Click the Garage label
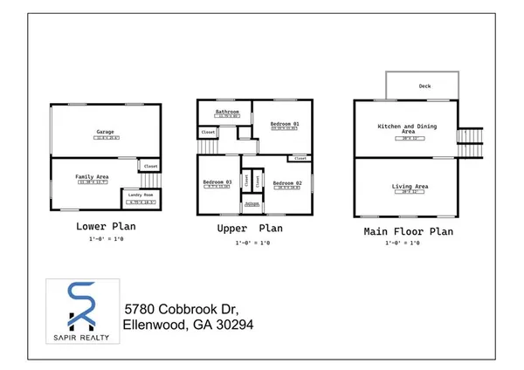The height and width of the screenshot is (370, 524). (106, 133)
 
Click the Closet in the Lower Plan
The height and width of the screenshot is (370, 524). (150, 166)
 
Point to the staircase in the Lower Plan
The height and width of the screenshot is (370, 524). (151, 182)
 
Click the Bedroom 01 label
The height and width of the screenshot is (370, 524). (284, 124)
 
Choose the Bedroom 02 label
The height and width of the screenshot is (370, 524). (286, 183)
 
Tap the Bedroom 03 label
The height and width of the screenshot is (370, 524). (217, 182)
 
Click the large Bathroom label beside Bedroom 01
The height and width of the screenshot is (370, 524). (228, 112)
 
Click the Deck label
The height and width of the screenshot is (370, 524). (423, 86)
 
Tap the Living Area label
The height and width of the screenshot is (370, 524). (408, 186)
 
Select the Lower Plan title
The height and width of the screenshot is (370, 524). (106, 226)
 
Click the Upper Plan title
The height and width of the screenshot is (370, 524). (252, 229)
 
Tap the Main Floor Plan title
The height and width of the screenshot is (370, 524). (409, 231)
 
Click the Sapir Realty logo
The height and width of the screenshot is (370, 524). (80, 310)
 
